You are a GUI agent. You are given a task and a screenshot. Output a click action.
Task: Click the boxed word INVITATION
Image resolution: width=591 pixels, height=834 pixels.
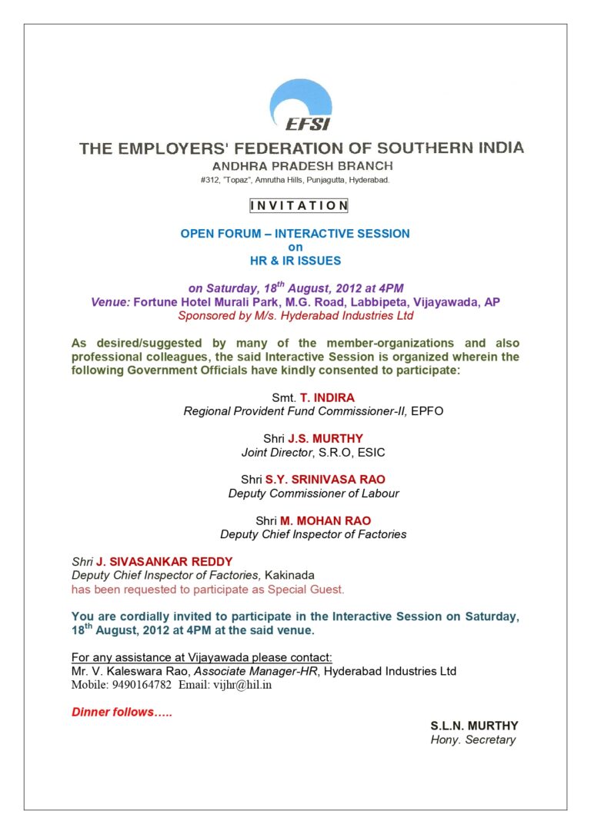coord(299,206)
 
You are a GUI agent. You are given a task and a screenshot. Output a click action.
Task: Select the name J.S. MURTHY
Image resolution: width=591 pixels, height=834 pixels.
coord(326,439)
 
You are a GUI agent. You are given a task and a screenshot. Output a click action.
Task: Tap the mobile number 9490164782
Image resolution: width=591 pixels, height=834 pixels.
coord(139,685)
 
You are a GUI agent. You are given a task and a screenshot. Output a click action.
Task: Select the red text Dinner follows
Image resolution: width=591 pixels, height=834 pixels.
coord(122,712)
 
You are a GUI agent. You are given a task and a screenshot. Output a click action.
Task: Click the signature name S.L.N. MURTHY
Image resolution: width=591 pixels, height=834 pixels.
coord(474,726)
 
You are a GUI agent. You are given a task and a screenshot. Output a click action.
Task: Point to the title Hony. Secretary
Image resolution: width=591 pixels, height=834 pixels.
coord(472,740)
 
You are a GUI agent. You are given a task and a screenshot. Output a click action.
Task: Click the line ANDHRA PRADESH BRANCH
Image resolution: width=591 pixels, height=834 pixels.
coord(302,165)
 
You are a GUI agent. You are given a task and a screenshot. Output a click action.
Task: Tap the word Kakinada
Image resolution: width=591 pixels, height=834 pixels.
coord(289,575)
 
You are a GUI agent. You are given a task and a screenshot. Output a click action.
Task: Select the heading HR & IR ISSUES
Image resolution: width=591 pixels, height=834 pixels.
coord(295,261)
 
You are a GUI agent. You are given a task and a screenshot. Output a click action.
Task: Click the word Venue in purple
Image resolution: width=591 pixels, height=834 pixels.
coord(110,302)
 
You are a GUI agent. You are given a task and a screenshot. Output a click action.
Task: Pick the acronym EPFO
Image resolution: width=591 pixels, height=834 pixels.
coord(427,411)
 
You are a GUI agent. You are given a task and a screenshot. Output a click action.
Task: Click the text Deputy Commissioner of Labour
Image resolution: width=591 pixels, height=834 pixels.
coord(314,493)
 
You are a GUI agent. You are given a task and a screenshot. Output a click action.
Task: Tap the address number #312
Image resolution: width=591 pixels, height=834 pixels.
coord(209,180)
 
